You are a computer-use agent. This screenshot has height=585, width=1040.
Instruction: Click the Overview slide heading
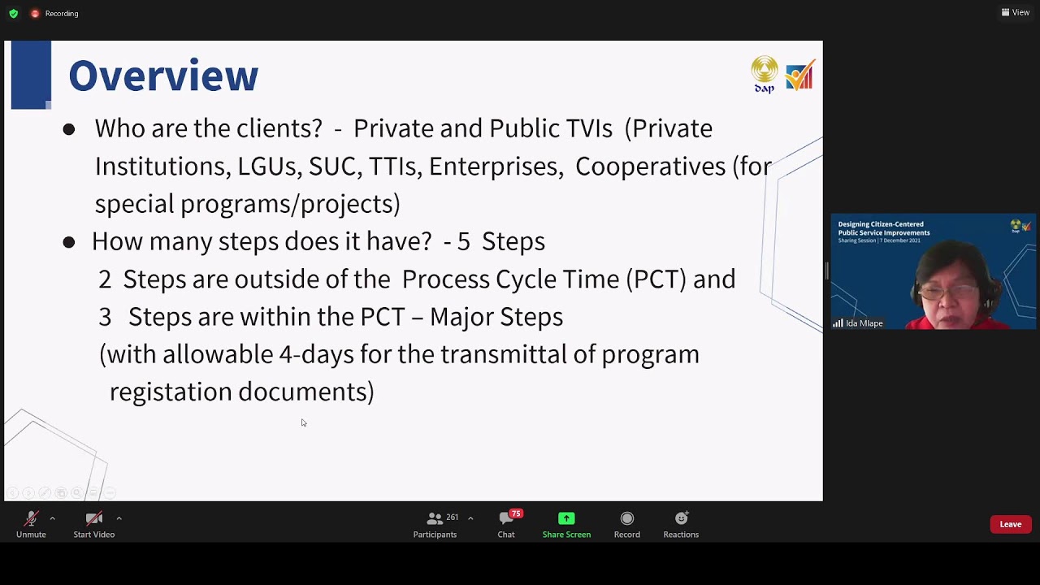[163, 76]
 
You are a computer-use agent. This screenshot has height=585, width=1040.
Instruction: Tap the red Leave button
[1010, 524]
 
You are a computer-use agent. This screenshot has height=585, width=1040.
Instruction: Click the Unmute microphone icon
[31, 518]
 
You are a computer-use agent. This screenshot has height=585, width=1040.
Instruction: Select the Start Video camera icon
[93, 518]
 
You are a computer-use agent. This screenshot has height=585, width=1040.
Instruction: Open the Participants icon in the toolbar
[435, 518]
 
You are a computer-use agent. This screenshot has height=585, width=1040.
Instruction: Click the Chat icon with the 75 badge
[506, 518]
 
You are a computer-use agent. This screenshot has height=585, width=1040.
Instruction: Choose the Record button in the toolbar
[626, 518]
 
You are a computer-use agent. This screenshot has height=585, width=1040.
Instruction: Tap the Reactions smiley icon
[681, 518]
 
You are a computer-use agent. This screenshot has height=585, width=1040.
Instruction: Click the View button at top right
[1016, 12]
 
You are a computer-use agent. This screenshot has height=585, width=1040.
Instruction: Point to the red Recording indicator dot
[35, 13]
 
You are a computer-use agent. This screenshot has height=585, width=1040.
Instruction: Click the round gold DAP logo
[764, 70]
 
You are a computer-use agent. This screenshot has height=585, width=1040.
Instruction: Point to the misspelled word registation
[170, 392]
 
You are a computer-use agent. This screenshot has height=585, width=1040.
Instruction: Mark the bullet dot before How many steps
[69, 242]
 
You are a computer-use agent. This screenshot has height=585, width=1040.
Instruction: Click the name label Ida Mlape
[864, 323]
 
